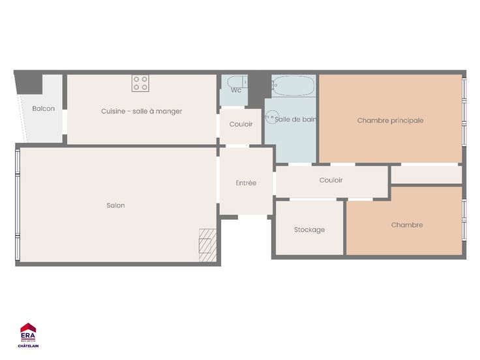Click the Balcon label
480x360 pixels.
[x=44, y=109]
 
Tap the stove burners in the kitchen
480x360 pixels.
[x=140, y=83]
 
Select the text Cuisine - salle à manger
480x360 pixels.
[x=142, y=111]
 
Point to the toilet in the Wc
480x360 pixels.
[x=237, y=82]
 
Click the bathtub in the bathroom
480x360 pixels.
[x=293, y=85]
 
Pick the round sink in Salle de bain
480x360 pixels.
[x=272, y=117]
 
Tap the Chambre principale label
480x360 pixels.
[x=390, y=121]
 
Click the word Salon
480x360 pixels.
[x=115, y=205]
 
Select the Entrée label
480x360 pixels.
[x=246, y=183]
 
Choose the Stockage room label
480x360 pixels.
[x=309, y=230]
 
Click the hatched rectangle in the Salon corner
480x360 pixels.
[x=207, y=245]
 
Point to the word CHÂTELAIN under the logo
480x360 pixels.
[x=28, y=346]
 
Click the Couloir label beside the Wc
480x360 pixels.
[x=241, y=125]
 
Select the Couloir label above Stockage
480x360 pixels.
[x=331, y=180]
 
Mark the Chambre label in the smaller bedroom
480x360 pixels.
[x=407, y=225]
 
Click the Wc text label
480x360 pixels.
[x=236, y=90]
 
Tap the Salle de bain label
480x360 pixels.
[x=295, y=119]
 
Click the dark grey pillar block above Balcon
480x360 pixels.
[x=29, y=84]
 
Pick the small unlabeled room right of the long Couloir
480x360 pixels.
[x=427, y=175]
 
